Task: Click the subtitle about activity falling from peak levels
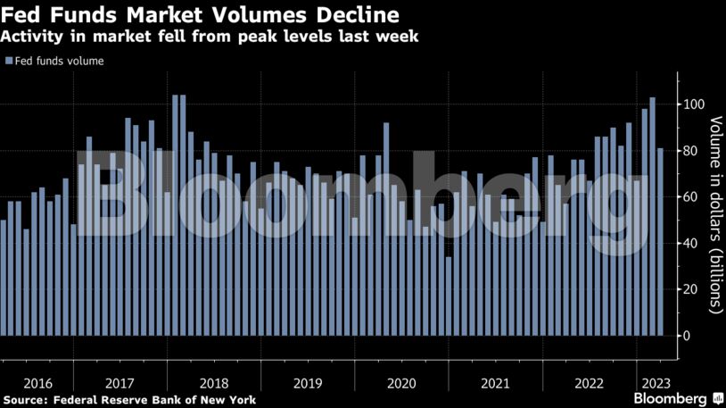[210, 37]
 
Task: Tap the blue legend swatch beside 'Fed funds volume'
[9, 61]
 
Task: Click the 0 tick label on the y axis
[688, 336]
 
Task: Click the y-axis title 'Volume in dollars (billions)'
[714, 214]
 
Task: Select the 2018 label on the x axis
[213, 382]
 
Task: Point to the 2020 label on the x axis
[402, 382]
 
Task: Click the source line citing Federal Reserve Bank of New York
[129, 399]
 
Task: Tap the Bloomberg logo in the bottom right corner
[672, 397]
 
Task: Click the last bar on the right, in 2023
[660, 242]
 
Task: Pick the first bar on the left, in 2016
[4, 278]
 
